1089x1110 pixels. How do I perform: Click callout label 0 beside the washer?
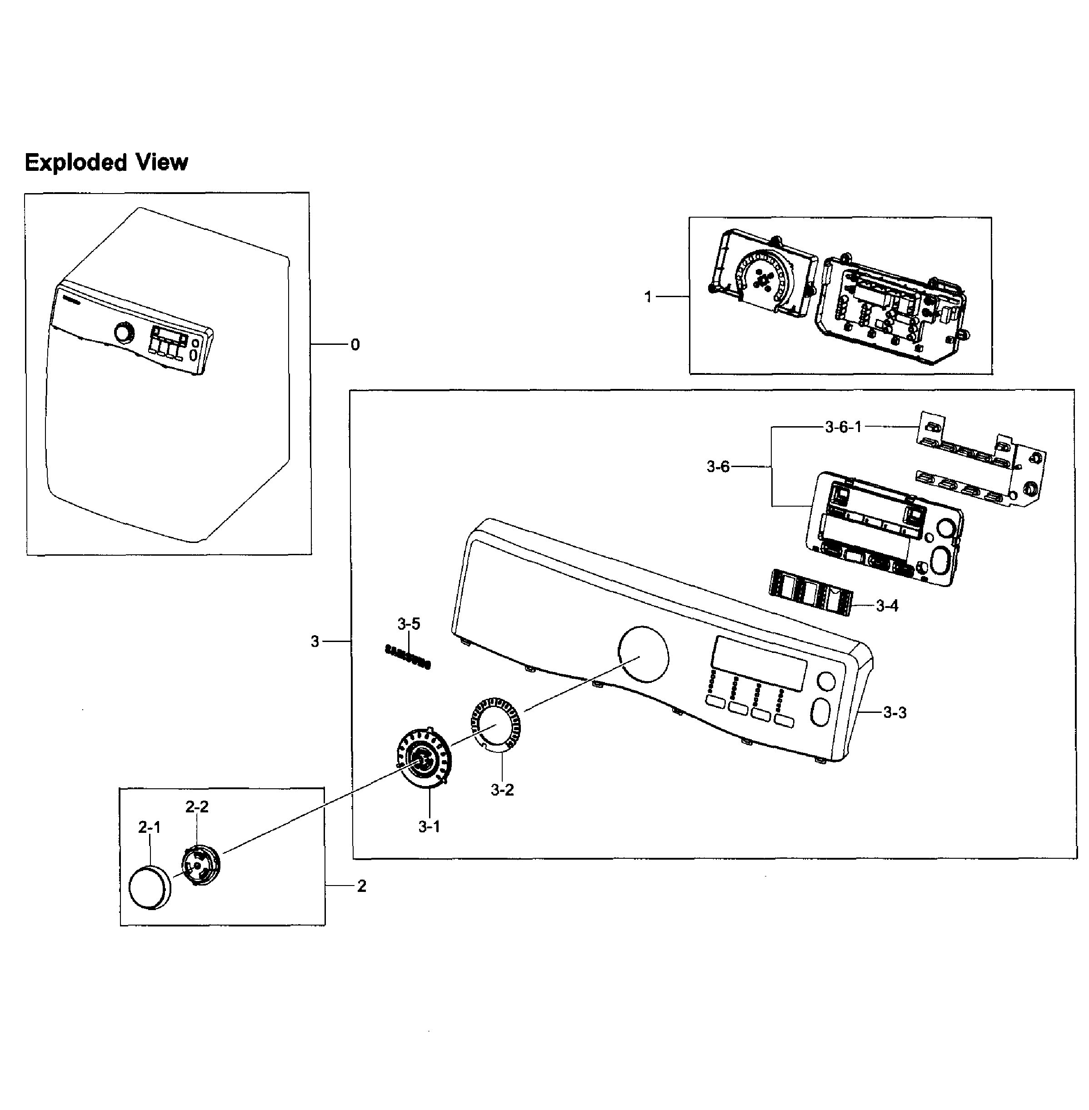coord(355,345)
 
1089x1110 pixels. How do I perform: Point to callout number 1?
coord(648,297)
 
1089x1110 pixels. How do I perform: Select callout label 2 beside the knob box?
coord(361,886)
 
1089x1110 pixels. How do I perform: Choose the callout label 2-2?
coord(197,807)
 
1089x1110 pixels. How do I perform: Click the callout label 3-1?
coord(429,826)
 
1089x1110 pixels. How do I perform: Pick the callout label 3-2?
coord(502,790)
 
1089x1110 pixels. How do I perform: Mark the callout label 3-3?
coord(894,712)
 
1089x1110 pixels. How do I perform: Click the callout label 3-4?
coord(887,606)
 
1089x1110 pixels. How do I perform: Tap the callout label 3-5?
coord(409,624)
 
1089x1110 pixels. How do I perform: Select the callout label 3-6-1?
coord(843,427)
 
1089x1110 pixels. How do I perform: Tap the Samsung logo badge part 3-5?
coord(408,657)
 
